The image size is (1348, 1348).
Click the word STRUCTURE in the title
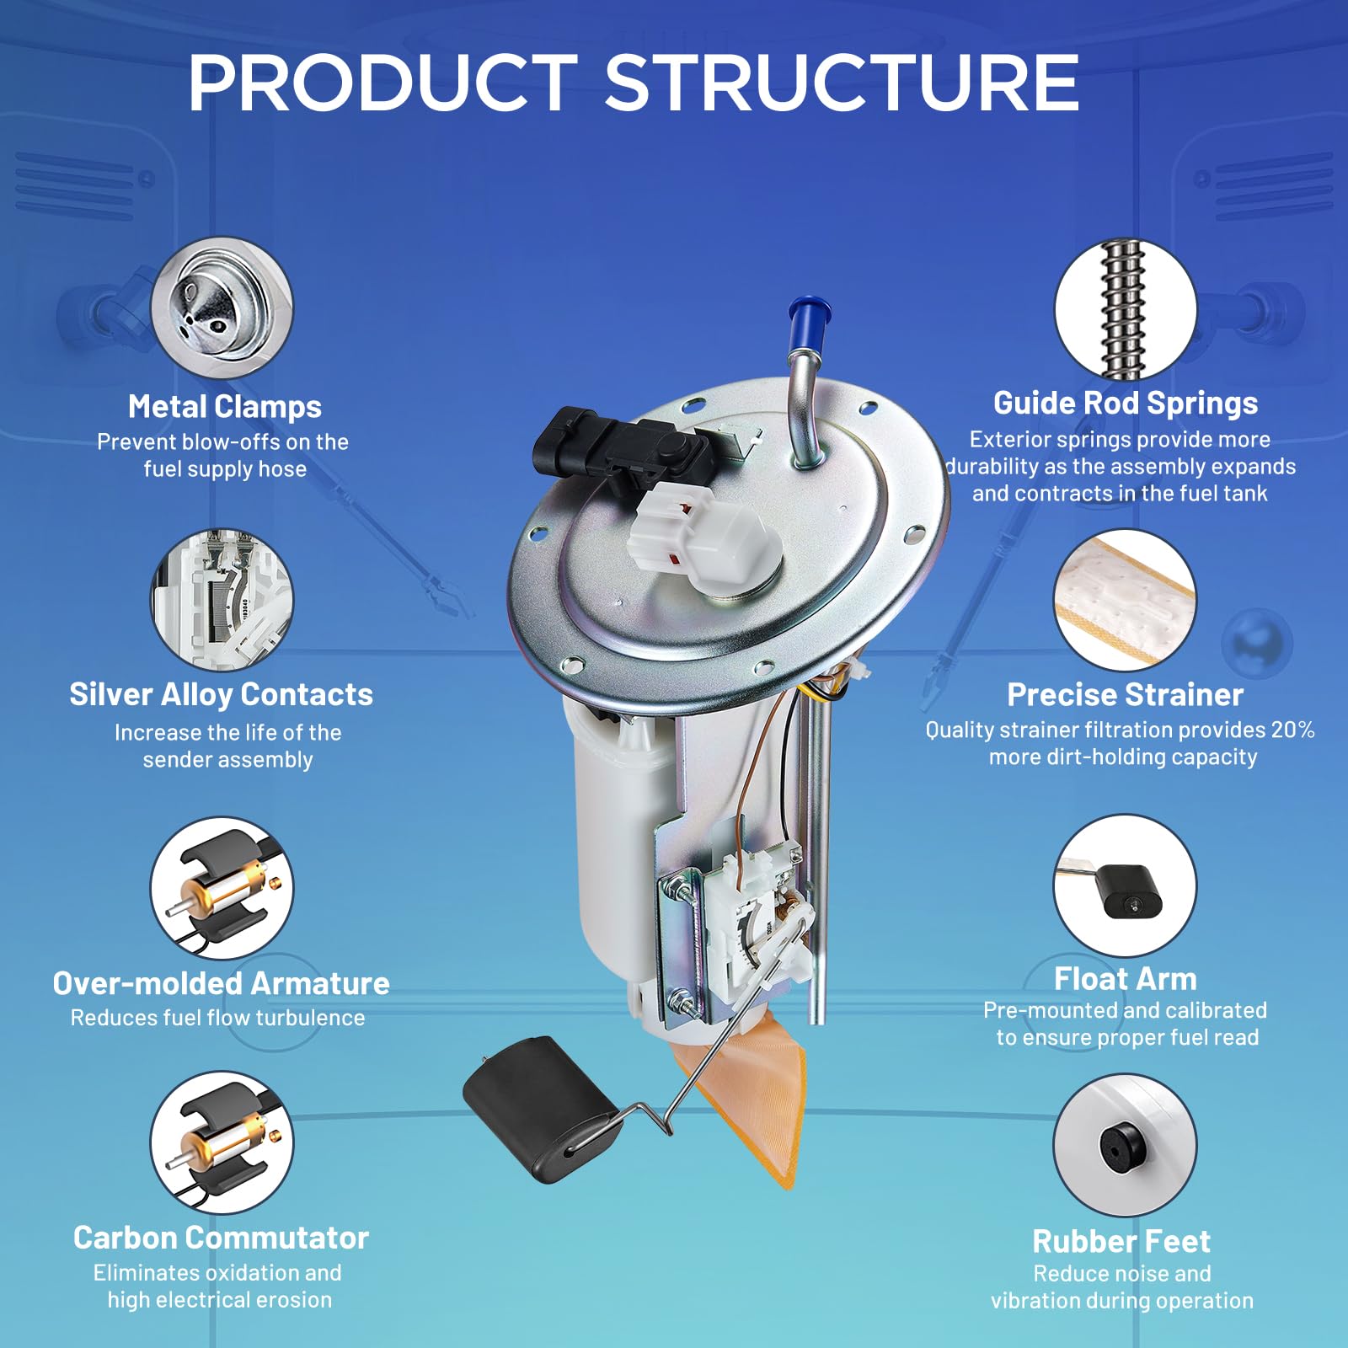pos(842,83)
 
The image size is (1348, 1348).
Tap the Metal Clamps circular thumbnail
pos(222,308)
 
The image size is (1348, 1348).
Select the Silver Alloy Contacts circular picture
pos(222,599)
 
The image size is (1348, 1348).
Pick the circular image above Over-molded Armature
pos(222,888)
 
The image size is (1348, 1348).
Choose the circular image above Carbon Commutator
pos(222,1143)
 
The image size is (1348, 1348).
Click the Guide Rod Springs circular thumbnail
pos(1126,309)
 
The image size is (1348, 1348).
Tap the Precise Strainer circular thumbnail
pos(1126,600)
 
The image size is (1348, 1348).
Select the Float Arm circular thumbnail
pos(1126,886)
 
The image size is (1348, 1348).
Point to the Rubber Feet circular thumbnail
pos(1126,1145)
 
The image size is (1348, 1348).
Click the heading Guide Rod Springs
pos(1126,404)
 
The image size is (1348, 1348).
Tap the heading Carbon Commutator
pos(222,1238)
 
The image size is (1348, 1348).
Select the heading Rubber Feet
pos(1121,1241)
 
